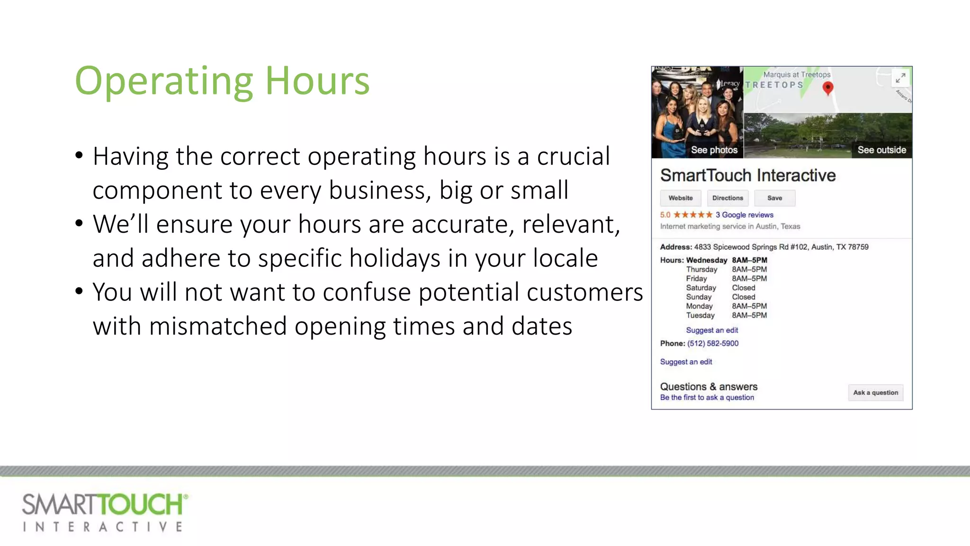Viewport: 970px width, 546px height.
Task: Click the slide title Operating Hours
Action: tap(222, 81)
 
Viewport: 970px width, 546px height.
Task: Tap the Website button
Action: tap(681, 198)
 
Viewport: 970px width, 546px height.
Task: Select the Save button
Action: tap(774, 198)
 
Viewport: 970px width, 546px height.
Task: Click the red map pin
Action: tap(827, 88)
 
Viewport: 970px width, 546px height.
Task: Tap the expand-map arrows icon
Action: tap(900, 78)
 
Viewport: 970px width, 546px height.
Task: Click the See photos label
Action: tap(714, 150)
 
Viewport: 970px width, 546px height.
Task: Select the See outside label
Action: tap(881, 150)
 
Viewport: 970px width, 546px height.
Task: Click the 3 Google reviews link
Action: tap(744, 215)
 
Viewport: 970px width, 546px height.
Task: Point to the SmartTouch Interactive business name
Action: tap(748, 175)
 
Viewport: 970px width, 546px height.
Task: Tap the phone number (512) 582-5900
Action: tap(713, 343)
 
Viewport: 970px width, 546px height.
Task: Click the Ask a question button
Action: tap(875, 392)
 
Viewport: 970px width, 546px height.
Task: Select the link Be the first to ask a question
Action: tap(707, 398)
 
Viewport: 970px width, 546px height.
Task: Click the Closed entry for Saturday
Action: tap(744, 288)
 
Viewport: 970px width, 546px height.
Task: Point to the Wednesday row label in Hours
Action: tap(706, 260)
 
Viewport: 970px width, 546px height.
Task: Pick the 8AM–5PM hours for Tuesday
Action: tap(749, 315)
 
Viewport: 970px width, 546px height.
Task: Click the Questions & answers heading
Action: tap(709, 387)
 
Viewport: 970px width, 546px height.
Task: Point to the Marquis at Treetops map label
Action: tap(797, 74)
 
